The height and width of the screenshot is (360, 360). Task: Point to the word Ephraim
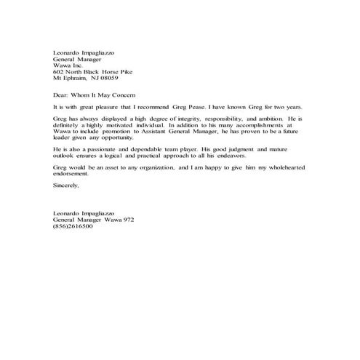pos(76,79)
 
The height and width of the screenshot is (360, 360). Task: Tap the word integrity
pos(195,119)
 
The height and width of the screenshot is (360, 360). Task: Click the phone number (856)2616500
pos(73,227)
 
